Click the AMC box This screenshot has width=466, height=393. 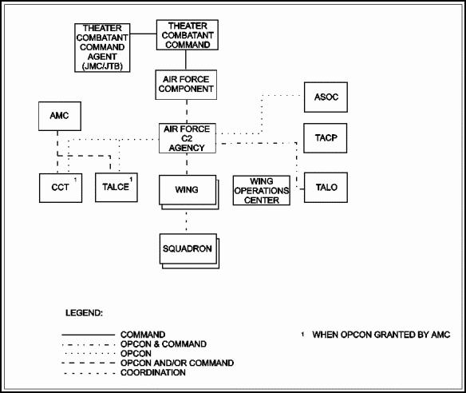pyautogui.click(x=60, y=116)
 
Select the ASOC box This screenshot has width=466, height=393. pyautogui.click(x=326, y=97)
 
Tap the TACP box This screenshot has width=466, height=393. pyautogui.click(x=325, y=138)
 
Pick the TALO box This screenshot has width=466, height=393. pyautogui.click(x=326, y=188)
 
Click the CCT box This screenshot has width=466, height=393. pyautogui.click(x=61, y=188)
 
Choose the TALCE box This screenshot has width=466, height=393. pyautogui.click(x=116, y=188)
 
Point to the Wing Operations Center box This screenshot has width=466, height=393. pyautogui.click(x=262, y=190)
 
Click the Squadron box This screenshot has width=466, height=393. pyautogui.click(x=189, y=251)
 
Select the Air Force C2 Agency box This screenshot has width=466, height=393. pyautogui.click(x=188, y=138)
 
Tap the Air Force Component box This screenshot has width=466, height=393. pyautogui.click(x=186, y=85)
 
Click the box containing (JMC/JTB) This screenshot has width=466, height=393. pyautogui.click(x=102, y=48)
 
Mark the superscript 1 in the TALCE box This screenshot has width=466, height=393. pyautogui.click(x=131, y=180)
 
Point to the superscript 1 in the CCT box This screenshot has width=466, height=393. pyautogui.click(x=75, y=180)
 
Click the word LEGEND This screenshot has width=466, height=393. pyautogui.click(x=84, y=313)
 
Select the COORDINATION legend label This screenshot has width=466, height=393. pyautogui.click(x=153, y=372)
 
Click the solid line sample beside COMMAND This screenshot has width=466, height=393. pyautogui.click(x=89, y=335)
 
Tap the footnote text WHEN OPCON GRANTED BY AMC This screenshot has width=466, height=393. pyautogui.click(x=381, y=335)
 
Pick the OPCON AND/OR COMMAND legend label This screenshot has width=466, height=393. pyautogui.click(x=177, y=363)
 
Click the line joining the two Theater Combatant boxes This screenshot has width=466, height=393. pyautogui.click(x=144, y=34)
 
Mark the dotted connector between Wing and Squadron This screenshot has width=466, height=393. pyautogui.click(x=187, y=221)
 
